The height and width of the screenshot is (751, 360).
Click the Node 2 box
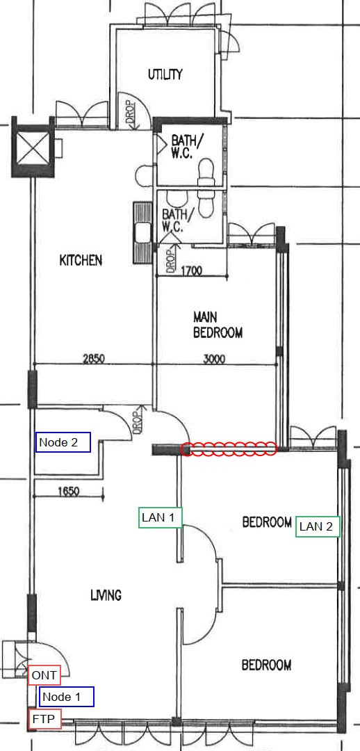(x=63, y=442)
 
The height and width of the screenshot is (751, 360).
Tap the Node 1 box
(x=67, y=696)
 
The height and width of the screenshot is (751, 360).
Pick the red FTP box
(x=44, y=718)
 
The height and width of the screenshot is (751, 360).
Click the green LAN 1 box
(x=161, y=517)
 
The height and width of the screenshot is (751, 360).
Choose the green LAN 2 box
(x=318, y=527)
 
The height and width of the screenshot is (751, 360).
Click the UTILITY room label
(x=165, y=74)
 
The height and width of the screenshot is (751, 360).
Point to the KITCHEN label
(x=81, y=260)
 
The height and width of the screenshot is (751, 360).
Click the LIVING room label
(x=106, y=595)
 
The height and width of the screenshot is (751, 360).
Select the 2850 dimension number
(x=94, y=359)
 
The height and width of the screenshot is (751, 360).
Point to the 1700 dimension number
(x=192, y=271)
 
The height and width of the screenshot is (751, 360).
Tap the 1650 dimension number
(x=69, y=491)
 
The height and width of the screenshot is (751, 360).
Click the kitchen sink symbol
(x=142, y=233)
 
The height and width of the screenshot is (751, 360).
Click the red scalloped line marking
(x=229, y=449)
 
